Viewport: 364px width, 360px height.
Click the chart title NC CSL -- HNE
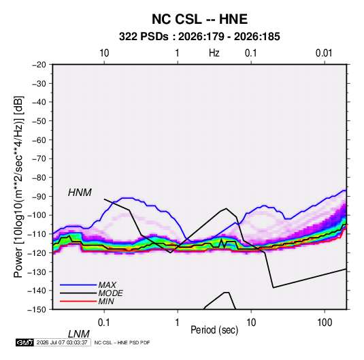click(x=199, y=19)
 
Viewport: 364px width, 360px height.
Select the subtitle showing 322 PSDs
click(x=199, y=37)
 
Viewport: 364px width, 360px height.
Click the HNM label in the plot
click(x=80, y=193)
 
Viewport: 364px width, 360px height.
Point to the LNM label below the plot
click(x=79, y=334)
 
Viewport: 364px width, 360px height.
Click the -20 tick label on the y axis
click(x=39, y=65)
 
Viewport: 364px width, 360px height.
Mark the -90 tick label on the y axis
click(x=39, y=197)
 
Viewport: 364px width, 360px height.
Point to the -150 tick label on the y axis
click(x=37, y=310)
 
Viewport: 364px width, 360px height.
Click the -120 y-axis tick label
click(x=37, y=253)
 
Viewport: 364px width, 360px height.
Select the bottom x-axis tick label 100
click(x=325, y=323)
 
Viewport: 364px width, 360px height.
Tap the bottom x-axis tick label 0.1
click(x=104, y=323)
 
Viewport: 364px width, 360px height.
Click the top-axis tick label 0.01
click(x=324, y=53)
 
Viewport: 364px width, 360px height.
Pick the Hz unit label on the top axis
click(x=214, y=53)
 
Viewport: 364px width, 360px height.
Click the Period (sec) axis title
click(x=214, y=330)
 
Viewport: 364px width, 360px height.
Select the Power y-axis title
click(x=18, y=187)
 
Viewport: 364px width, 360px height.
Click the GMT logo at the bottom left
click(x=24, y=342)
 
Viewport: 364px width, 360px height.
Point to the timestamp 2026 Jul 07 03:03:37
click(x=62, y=342)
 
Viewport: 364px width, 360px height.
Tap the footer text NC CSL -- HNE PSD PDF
click(x=122, y=342)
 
